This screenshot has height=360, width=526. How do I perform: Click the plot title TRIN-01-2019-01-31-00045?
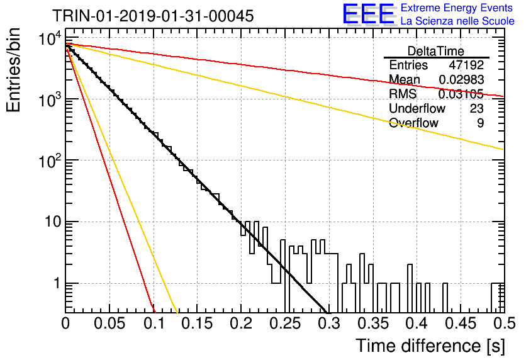[x=153, y=16]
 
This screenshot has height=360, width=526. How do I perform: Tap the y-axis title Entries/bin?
[x=13, y=70]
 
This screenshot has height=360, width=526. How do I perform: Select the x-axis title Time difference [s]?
[x=430, y=346]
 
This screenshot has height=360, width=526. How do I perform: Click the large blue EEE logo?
[x=369, y=14]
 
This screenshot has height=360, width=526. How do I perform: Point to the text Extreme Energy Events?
[x=457, y=8]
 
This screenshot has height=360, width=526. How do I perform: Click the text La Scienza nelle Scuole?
[x=457, y=21]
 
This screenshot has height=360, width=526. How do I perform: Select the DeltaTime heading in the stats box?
[x=436, y=51]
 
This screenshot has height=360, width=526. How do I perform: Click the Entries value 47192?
[x=467, y=65]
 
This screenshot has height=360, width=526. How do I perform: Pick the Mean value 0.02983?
[x=462, y=79]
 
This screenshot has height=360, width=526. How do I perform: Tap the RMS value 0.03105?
[x=461, y=94]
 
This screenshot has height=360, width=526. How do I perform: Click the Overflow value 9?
[x=480, y=123]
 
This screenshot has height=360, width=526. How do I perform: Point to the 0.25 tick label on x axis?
[x=285, y=323]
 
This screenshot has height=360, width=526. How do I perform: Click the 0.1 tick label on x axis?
[x=154, y=323]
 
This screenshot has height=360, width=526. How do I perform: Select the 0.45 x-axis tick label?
[x=461, y=323]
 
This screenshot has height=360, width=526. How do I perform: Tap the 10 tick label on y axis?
[x=53, y=222]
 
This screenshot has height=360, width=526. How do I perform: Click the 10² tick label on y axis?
[x=50, y=161]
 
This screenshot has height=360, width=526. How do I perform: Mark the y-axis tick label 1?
[x=57, y=283]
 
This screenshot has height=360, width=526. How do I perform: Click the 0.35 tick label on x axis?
[x=372, y=323]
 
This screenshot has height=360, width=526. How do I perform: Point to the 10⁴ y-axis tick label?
[x=50, y=38]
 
